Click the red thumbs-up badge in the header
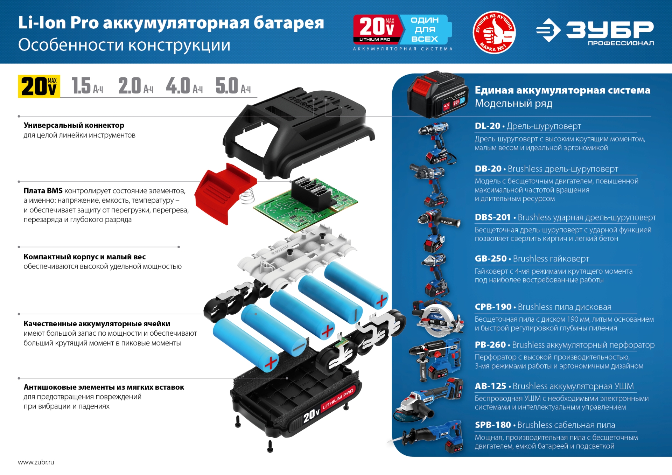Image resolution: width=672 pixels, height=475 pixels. (x=494, y=32)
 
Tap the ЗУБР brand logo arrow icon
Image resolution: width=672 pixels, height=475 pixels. (x=548, y=30)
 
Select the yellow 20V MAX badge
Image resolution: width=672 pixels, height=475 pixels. (x=39, y=86)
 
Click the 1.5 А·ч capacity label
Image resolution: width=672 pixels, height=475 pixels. (x=87, y=86)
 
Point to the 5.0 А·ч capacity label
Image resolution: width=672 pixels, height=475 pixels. (x=233, y=86)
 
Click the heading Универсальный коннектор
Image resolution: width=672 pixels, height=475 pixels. (x=74, y=125)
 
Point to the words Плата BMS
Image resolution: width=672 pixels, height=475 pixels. (x=43, y=191)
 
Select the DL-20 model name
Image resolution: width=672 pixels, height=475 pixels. (x=487, y=126)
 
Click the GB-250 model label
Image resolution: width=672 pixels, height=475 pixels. (x=490, y=259)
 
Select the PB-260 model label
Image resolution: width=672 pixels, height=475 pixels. (x=490, y=345)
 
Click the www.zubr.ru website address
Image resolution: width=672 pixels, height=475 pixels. (x=36, y=462)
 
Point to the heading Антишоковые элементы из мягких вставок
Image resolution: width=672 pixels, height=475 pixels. (x=104, y=387)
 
